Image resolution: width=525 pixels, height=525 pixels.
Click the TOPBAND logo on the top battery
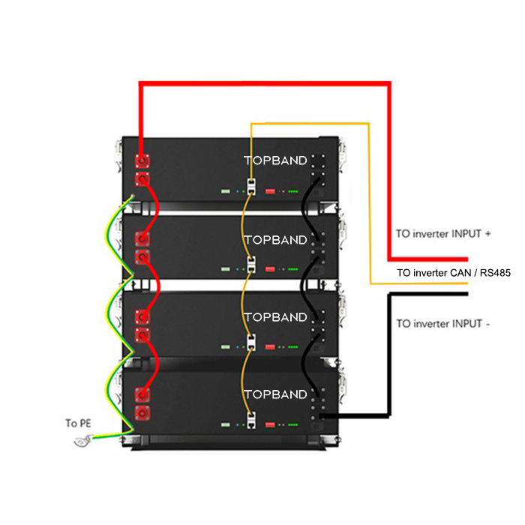pos(275,160)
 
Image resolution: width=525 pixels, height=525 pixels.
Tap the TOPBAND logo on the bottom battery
pos(275,394)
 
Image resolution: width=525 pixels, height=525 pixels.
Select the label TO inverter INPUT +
pos(443,233)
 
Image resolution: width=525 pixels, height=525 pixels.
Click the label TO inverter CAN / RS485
pos(454,273)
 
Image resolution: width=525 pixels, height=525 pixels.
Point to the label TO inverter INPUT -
pos(443,323)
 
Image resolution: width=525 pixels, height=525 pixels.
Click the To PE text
pos(78,423)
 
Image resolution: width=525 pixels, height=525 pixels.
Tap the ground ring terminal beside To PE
pos(82,441)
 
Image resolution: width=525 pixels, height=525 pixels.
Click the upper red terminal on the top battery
pos(142,161)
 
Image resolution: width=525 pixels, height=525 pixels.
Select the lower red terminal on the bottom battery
pos(142,412)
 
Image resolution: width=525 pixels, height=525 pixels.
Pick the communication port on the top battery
pos(251,187)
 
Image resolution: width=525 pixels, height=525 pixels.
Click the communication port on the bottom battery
pos(251,420)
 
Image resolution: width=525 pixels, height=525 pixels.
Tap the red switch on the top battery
pos(270,191)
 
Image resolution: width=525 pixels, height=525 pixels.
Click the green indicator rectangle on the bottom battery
pos(226,424)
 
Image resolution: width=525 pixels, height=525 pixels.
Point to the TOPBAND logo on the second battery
pos(275,240)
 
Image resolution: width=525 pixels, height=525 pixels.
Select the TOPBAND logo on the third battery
pos(275,317)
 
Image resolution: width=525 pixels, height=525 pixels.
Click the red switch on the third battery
pos(270,346)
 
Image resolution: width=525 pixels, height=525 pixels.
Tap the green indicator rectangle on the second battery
pos(226,268)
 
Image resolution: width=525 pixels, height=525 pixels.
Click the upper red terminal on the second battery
pos(142,239)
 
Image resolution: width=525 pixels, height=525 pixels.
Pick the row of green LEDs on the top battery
pos(293,191)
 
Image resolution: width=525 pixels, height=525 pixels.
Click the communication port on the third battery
pos(251,342)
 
